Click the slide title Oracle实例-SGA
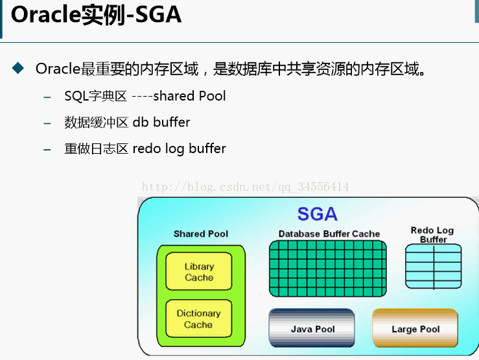coord(95,16)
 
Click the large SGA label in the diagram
coord(317,214)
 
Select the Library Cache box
coord(199,272)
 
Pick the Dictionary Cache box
coord(198,318)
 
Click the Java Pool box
coord(312,328)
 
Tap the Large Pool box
coord(415,328)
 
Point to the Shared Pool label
coord(201,234)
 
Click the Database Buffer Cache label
coord(329,234)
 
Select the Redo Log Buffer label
coord(432,235)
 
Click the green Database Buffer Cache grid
coord(327,269)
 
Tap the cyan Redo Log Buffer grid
coord(433,266)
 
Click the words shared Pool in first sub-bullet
coord(189,96)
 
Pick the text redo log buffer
coord(179,149)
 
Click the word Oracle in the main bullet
coord(57,68)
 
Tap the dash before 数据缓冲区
coord(47,123)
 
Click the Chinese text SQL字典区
coord(95,96)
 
